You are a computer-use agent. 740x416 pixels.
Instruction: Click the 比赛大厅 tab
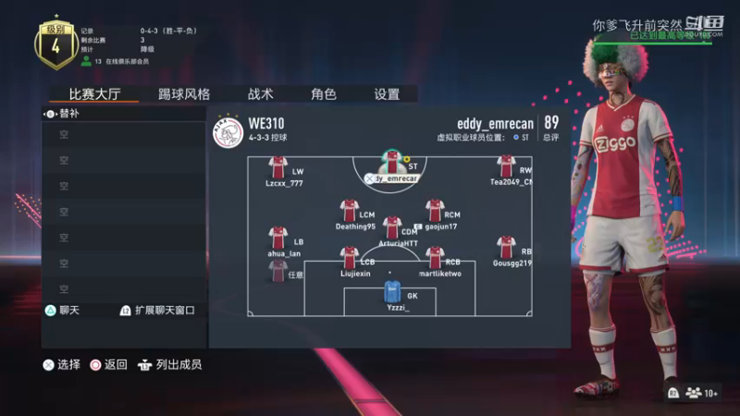[94, 94]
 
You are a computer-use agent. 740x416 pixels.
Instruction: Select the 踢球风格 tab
[183, 94]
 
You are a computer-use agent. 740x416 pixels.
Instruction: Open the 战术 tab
[260, 94]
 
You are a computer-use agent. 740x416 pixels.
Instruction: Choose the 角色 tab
[323, 94]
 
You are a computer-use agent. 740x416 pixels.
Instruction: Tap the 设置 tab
[387, 94]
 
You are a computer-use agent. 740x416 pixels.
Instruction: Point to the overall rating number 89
[551, 122]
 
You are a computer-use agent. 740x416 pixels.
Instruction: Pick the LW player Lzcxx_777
[278, 167]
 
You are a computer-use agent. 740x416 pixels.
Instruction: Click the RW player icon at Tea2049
[506, 166]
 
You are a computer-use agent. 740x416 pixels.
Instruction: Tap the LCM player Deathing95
[349, 211]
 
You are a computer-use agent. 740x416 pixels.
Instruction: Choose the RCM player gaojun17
[435, 211]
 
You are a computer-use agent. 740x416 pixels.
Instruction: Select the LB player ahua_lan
[278, 239]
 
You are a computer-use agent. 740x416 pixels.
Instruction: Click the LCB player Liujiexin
[349, 258]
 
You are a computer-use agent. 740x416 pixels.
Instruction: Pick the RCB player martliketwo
[435, 258]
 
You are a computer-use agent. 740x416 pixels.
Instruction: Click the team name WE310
[266, 123]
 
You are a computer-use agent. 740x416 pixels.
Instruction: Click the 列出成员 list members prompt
[170, 364]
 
